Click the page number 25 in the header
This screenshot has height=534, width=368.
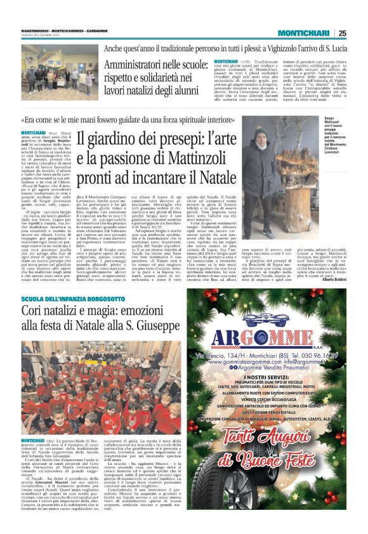click(359, 34)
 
